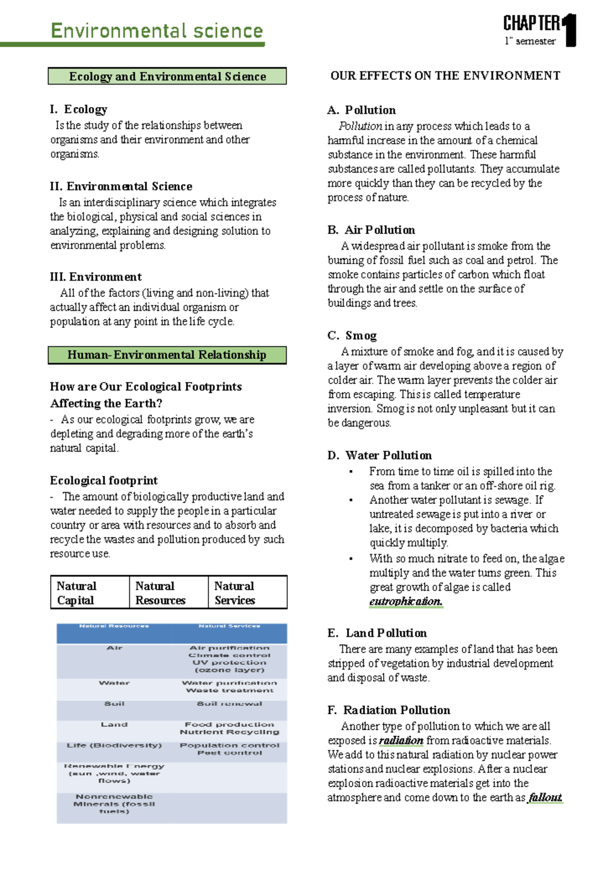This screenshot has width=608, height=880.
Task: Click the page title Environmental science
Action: pos(157,31)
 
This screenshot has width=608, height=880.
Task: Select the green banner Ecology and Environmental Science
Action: pos(167,76)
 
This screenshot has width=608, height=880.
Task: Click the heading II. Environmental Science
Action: pos(121,186)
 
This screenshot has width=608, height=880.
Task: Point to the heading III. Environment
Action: pos(96,277)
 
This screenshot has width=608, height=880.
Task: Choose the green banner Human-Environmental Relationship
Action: pos(167,355)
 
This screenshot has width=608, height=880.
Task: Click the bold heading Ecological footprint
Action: pos(104,481)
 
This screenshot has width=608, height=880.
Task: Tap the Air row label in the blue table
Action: pos(115,648)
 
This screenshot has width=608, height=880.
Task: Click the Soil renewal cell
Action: pos(230,704)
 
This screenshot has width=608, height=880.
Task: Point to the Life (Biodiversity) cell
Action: pos(115,745)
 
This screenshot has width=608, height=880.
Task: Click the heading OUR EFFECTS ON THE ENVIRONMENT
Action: pos(445,76)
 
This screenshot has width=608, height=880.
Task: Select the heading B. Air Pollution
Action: pos(371,230)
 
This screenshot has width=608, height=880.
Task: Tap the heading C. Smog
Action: pos(352,336)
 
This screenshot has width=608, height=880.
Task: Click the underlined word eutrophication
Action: pos(406,602)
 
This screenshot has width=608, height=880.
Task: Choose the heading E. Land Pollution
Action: pos(377,633)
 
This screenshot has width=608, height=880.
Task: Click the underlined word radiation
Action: pos(401,740)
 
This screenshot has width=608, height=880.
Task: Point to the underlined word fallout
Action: pos(545,797)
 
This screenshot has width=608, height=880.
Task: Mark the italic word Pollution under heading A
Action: pos(360,126)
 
